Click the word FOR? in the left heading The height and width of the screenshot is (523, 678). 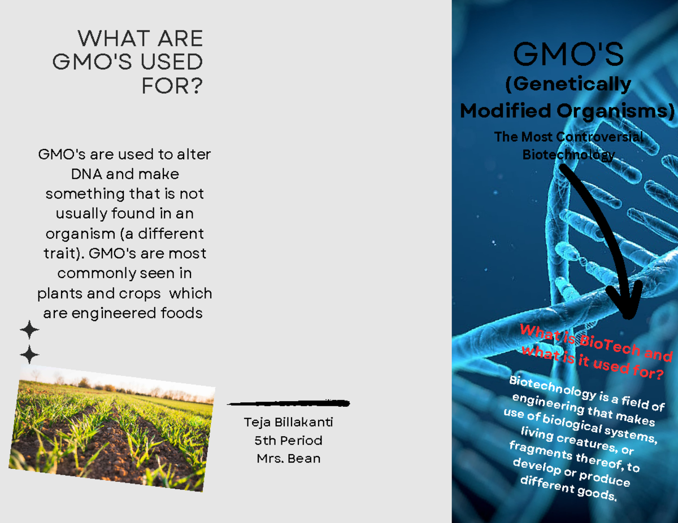(x=172, y=86)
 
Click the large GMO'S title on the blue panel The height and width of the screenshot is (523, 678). (x=568, y=55)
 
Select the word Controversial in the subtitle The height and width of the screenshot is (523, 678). (x=599, y=137)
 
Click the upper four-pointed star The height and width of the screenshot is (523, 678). (x=29, y=329)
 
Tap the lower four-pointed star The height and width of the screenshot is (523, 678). (x=29, y=355)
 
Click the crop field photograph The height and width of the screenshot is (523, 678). (x=111, y=427)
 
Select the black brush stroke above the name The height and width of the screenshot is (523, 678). (x=288, y=403)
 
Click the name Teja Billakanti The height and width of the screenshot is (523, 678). (x=288, y=422)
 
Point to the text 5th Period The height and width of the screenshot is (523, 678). (x=288, y=440)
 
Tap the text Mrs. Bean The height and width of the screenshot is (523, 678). (x=288, y=458)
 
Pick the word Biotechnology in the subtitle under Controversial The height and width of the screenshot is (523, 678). (x=568, y=155)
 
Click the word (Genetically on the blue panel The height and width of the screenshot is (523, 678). (x=568, y=85)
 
